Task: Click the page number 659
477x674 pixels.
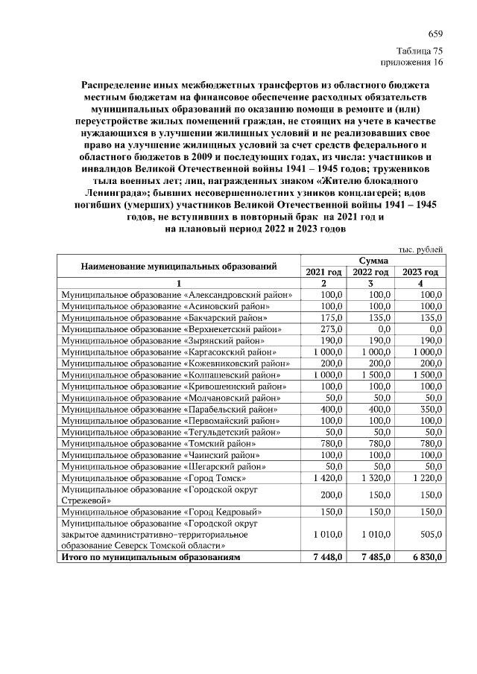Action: (435, 36)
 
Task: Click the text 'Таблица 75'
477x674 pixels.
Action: (420, 51)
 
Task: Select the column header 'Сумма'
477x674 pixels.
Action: (373, 261)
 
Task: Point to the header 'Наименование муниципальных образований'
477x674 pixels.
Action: (179, 266)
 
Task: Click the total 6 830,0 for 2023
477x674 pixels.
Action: (426, 557)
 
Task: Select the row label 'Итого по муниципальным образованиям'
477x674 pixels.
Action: (151, 557)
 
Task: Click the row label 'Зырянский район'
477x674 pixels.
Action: (159, 340)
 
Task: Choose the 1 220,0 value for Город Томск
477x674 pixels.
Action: (426, 477)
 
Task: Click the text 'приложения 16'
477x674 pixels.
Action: (412, 63)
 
